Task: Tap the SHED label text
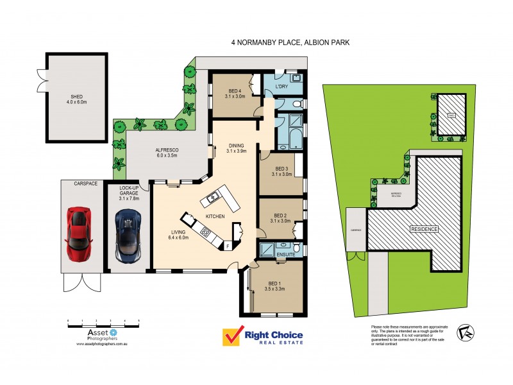click(x=75, y=99)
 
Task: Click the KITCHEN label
click(x=215, y=218)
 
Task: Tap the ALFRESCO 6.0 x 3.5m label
click(x=166, y=152)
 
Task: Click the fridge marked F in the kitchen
click(x=227, y=245)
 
